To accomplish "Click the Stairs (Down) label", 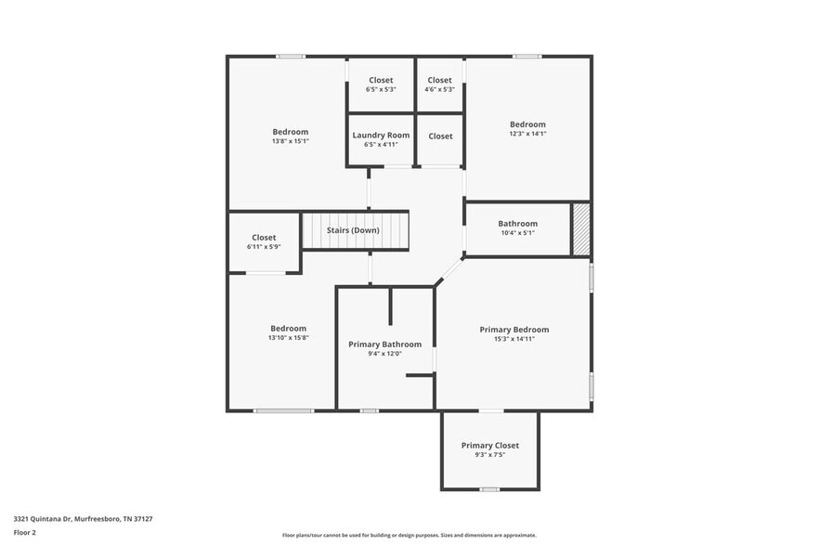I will [352, 229].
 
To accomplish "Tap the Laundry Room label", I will [381, 136].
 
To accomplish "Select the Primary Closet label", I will [489, 446].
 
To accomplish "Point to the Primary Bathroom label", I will [384, 344].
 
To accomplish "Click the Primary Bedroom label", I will [513, 330].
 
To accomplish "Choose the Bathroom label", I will [517, 224].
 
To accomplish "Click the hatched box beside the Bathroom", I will [580, 229].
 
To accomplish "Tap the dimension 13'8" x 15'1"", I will [290, 141].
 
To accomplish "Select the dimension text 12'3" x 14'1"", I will [527, 134].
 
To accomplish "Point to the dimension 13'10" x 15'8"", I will [288, 338].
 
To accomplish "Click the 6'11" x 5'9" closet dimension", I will [264, 247].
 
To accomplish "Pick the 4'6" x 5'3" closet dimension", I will [439, 90].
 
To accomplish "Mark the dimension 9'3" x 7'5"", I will [489, 455].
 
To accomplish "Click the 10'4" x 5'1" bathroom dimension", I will [517, 233].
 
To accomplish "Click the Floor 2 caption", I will [25, 533].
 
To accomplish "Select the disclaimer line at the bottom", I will [409, 535].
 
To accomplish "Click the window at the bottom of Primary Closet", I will [489, 489].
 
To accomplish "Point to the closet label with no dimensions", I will [440, 136].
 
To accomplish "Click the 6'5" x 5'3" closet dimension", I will [381, 90].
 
